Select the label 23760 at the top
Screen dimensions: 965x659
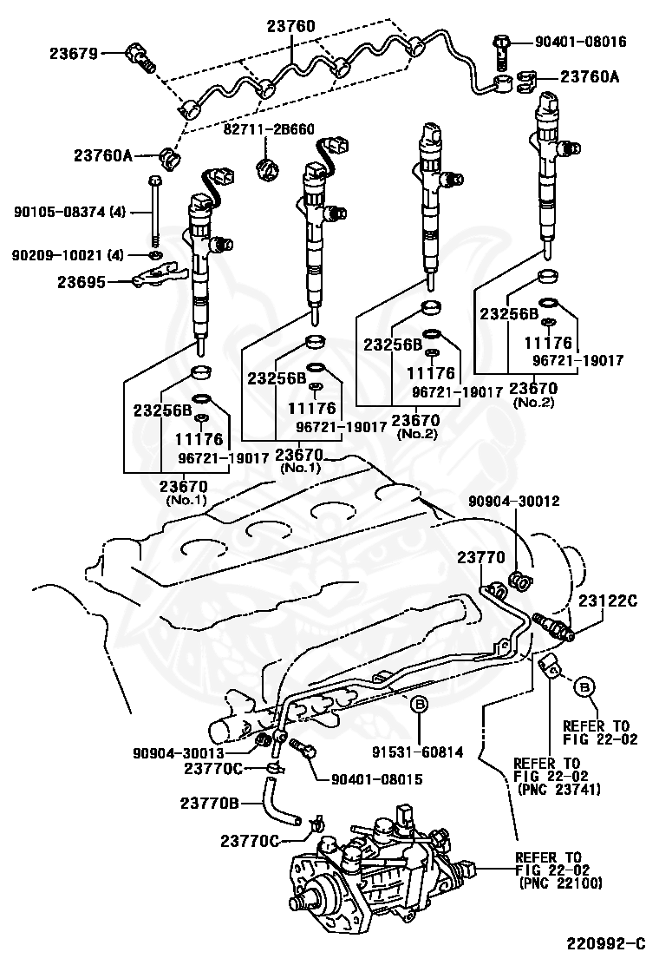pyautogui.click(x=290, y=26)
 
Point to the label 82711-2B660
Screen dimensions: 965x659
pyautogui.click(x=269, y=128)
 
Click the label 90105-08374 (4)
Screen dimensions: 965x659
pyautogui.click(x=69, y=211)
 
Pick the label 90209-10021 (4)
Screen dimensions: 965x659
pyautogui.click(x=69, y=254)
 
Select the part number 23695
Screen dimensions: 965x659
pyautogui.click(x=82, y=281)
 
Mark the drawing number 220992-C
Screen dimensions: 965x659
pyautogui.click(x=606, y=942)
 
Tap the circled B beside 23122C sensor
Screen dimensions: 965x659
pyautogui.click(x=585, y=686)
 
